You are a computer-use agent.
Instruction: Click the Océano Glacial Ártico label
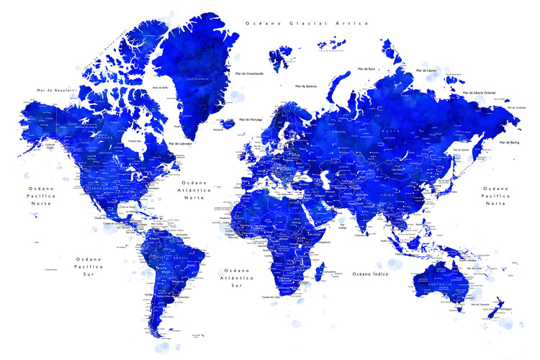click(307, 24)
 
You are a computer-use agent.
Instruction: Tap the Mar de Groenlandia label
click(245, 73)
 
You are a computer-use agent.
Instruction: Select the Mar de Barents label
click(306, 86)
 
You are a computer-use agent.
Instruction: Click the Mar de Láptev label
click(426, 71)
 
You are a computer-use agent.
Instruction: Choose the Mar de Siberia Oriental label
click(480, 93)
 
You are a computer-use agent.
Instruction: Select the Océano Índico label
click(371, 274)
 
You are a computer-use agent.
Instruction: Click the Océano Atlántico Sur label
click(237, 278)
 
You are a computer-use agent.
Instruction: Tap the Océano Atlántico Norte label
click(194, 190)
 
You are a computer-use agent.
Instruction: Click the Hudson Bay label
click(133, 140)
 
